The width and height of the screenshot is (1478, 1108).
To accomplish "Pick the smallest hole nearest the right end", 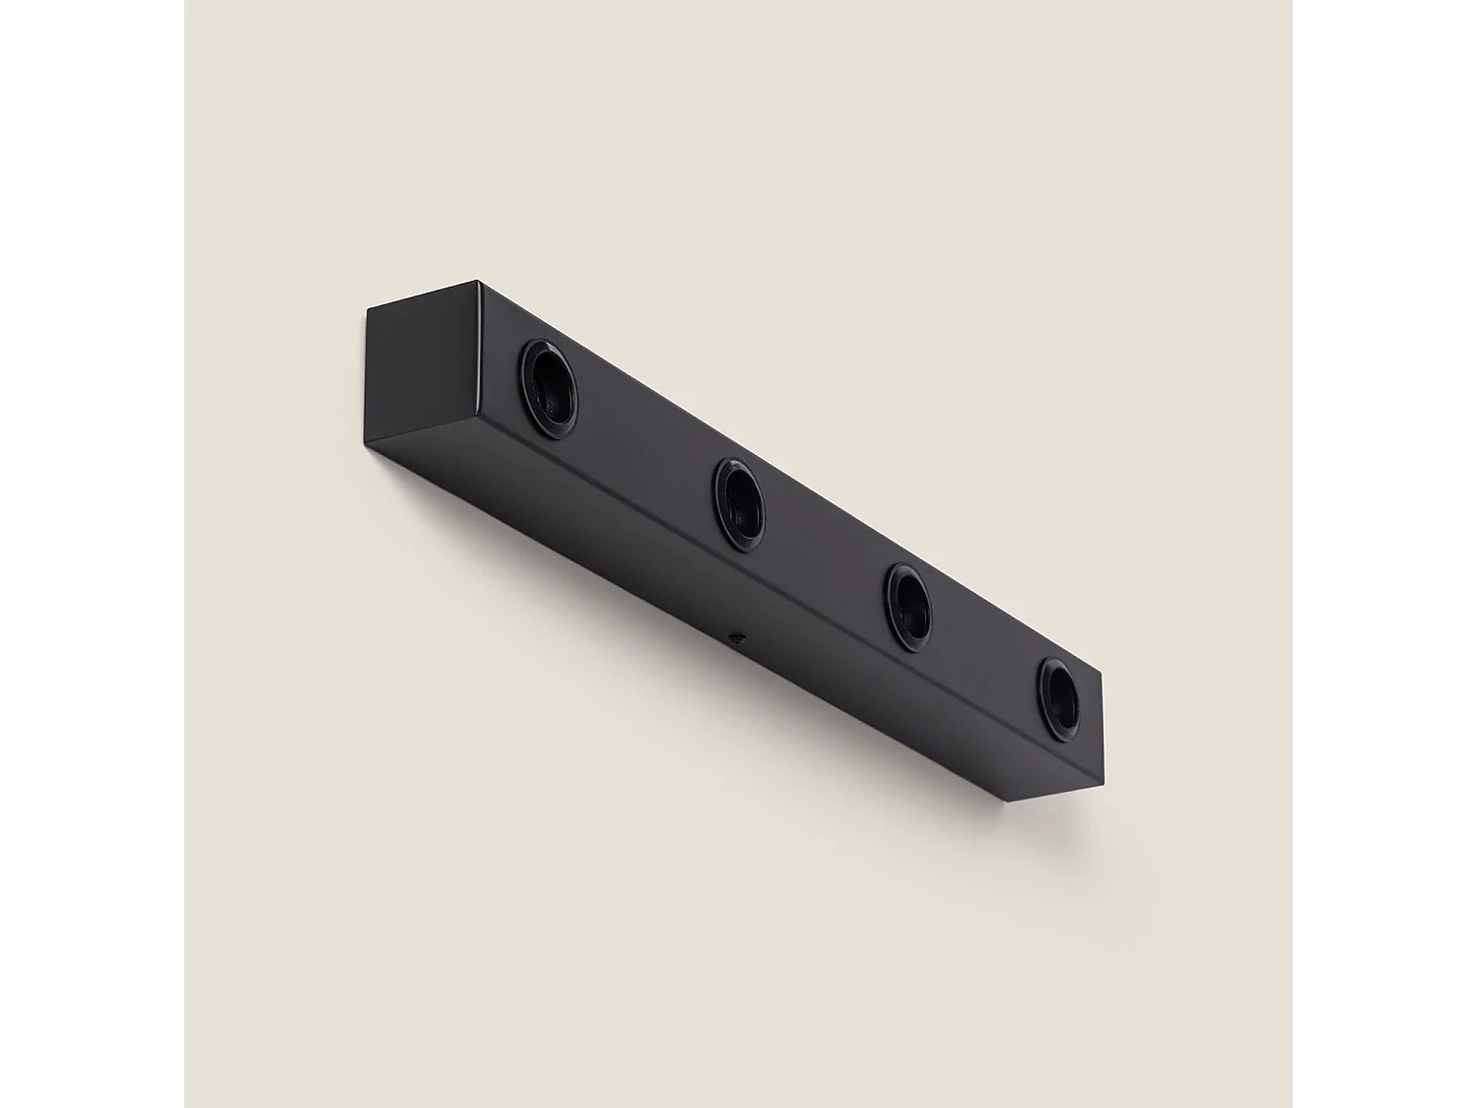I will [x=1059, y=699].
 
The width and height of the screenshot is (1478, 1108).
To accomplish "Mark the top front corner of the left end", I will [x=480, y=283].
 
